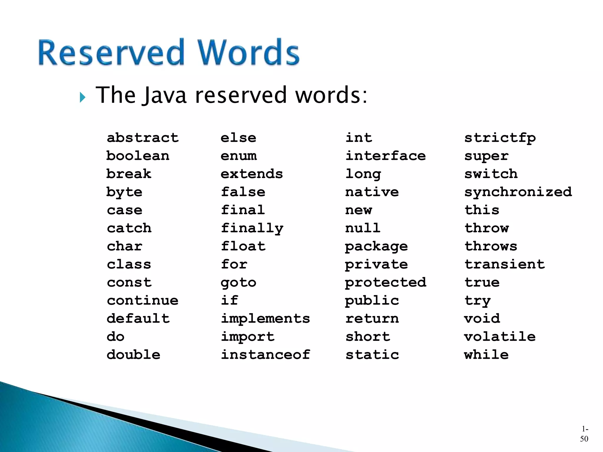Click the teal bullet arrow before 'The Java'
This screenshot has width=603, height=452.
(82, 97)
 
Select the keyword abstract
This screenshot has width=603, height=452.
(143, 138)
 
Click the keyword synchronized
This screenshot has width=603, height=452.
(518, 192)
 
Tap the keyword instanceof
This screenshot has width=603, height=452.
(265, 355)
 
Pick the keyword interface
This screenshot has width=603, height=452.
(385, 156)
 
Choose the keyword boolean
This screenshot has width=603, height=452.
(138, 156)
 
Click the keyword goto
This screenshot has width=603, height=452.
(238, 283)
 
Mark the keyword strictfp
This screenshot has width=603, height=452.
(500, 138)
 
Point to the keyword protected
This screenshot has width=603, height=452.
(385, 283)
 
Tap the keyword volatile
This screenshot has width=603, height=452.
(500, 337)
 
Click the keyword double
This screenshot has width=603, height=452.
(133, 355)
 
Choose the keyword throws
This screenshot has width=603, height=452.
(491, 246)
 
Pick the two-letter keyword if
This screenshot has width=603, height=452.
(229, 300)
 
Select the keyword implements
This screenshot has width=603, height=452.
(265, 319)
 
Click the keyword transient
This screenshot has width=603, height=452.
(505, 264)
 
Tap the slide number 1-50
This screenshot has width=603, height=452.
(584, 434)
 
